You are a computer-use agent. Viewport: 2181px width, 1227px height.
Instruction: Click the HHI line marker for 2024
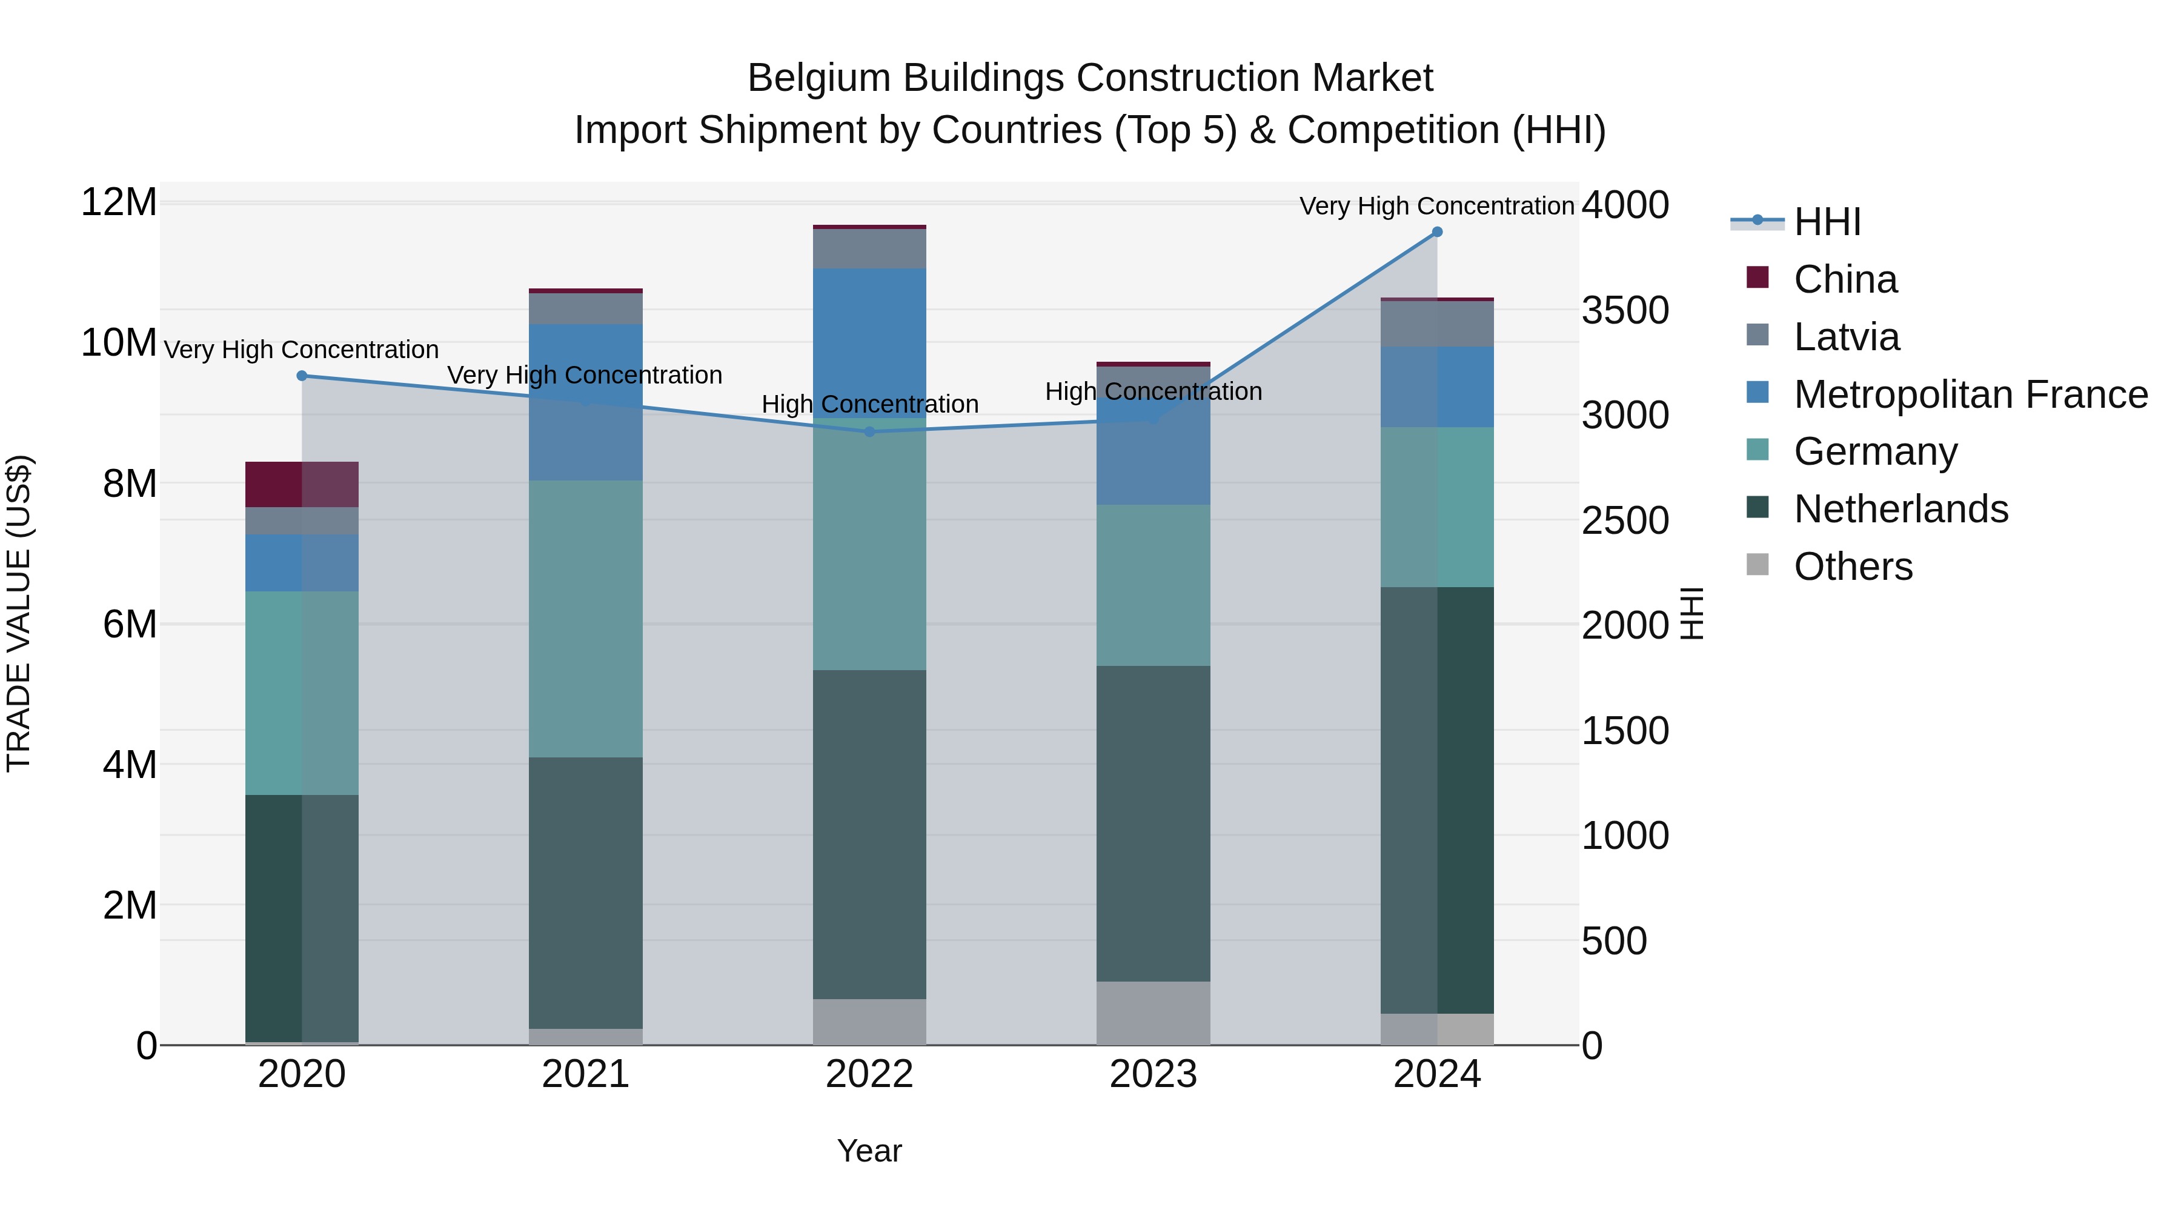tap(1437, 232)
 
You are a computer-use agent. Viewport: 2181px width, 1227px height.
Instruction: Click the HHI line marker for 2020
tap(302, 376)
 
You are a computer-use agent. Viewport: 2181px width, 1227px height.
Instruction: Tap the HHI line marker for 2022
tap(869, 432)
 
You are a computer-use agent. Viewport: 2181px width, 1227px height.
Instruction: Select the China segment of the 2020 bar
tap(302, 484)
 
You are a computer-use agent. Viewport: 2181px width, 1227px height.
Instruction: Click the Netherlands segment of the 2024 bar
tap(1437, 800)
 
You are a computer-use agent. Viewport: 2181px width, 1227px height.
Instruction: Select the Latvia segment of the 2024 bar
tap(1437, 324)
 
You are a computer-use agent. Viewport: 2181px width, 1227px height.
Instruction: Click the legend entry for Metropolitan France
tap(1970, 394)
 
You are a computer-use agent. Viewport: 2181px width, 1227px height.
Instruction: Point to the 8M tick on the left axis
tap(130, 484)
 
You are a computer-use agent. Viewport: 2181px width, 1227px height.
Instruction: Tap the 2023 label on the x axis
tap(1153, 1074)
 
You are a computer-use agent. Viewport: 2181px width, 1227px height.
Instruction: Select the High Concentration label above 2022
tap(869, 404)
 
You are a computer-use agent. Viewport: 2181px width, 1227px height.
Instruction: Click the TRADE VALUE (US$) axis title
tap(19, 613)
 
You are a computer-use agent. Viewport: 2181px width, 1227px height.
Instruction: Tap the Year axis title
tap(869, 1151)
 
